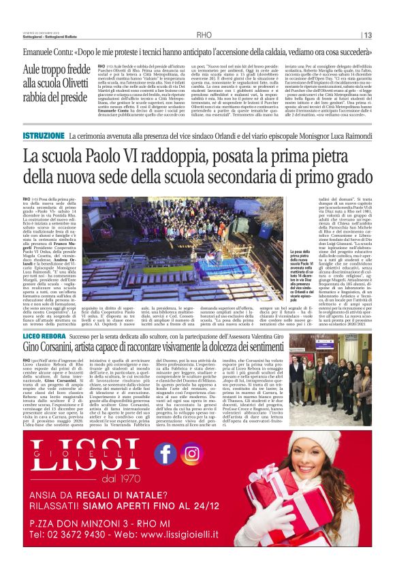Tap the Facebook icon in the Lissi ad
point(165,454)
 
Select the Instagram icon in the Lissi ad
point(192,454)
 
